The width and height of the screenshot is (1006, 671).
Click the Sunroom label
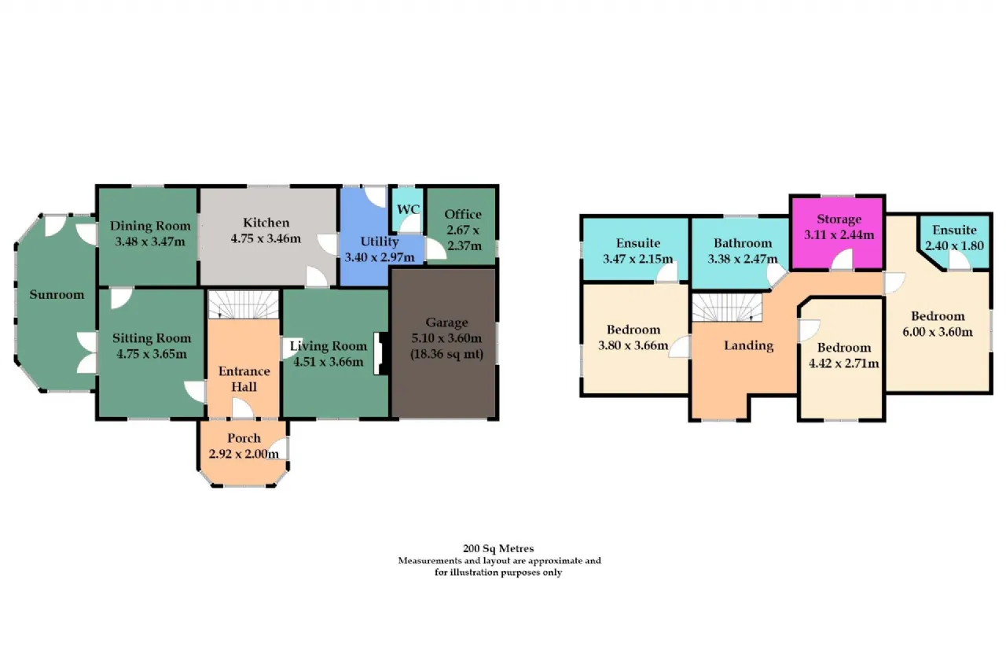tap(57, 295)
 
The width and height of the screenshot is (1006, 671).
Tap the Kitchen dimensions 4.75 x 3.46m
tap(266, 238)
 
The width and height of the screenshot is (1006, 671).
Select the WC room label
tap(408, 209)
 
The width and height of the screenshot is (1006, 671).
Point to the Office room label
tap(463, 215)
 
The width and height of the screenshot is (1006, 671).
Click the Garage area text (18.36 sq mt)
tap(447, 354)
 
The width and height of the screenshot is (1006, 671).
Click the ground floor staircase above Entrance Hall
tap(244, 304)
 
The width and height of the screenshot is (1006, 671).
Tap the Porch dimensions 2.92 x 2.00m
tap(244, 454)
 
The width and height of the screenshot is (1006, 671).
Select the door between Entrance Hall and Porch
tap(243, 408)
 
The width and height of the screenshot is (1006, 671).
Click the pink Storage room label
tap(839, 219)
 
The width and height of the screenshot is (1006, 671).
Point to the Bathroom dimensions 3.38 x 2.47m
tap(743, 260)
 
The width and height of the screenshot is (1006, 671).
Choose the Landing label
tap(749, 345)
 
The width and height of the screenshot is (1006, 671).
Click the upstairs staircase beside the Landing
tap(727, 308)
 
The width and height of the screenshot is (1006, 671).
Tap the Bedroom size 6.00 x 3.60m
tap(938, 332)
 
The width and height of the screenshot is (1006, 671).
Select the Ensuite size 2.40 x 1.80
tap(954, 246)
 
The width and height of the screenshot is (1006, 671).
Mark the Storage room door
tap(842, 260)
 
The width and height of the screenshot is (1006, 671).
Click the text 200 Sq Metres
tap(498, 548)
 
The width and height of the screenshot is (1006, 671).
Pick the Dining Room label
tap(150, 226)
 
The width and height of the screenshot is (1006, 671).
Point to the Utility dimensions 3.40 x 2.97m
tap(380, 257)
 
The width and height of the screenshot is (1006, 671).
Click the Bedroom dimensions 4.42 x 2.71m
tap(844, 363)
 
